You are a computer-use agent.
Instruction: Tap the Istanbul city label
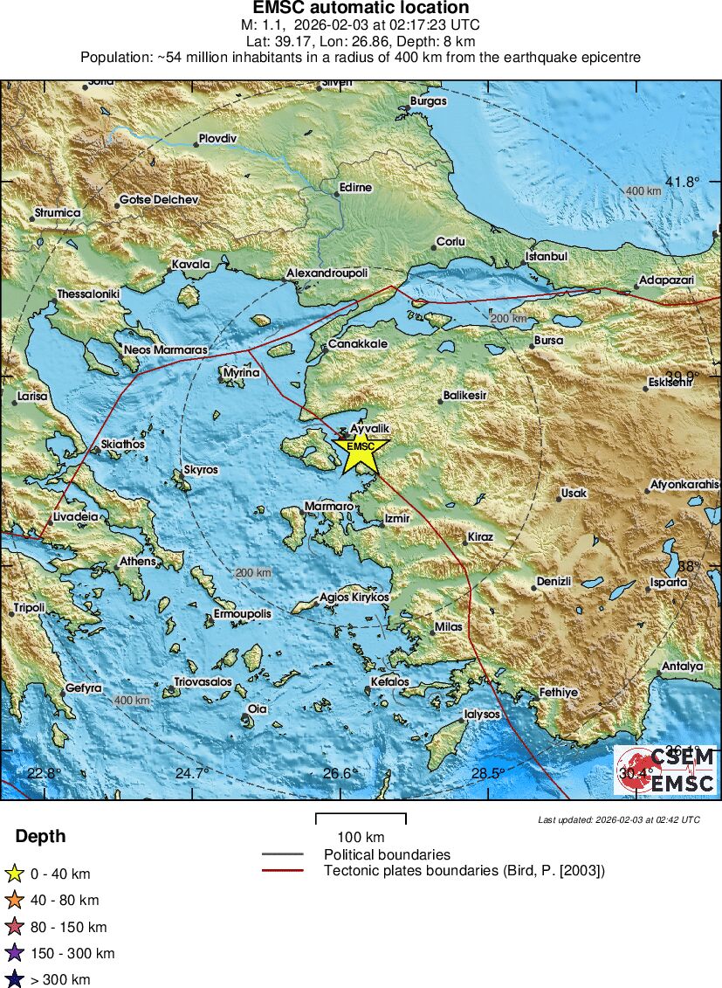pos(546,257)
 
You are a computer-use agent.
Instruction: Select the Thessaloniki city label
pos(87,294)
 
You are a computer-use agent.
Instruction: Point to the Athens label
pos(137,562)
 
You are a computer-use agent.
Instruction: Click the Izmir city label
pos(396,519)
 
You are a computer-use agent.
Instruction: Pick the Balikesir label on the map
pos(464,396)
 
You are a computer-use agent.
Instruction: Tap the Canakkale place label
pos(358,344)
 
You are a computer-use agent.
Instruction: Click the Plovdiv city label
pos(217,139)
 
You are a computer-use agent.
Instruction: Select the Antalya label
pos(682,667)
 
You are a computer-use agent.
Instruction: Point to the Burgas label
pos(428,101)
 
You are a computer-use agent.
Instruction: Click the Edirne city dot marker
pos(337,194)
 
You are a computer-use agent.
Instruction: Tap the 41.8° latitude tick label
pos(683,182)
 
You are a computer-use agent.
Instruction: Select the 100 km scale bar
pos(361,819)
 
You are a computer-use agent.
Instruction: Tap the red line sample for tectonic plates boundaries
pos(282,871)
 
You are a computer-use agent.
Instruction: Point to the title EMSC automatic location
pos(361,9)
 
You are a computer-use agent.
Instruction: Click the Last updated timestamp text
pos(618,819)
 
